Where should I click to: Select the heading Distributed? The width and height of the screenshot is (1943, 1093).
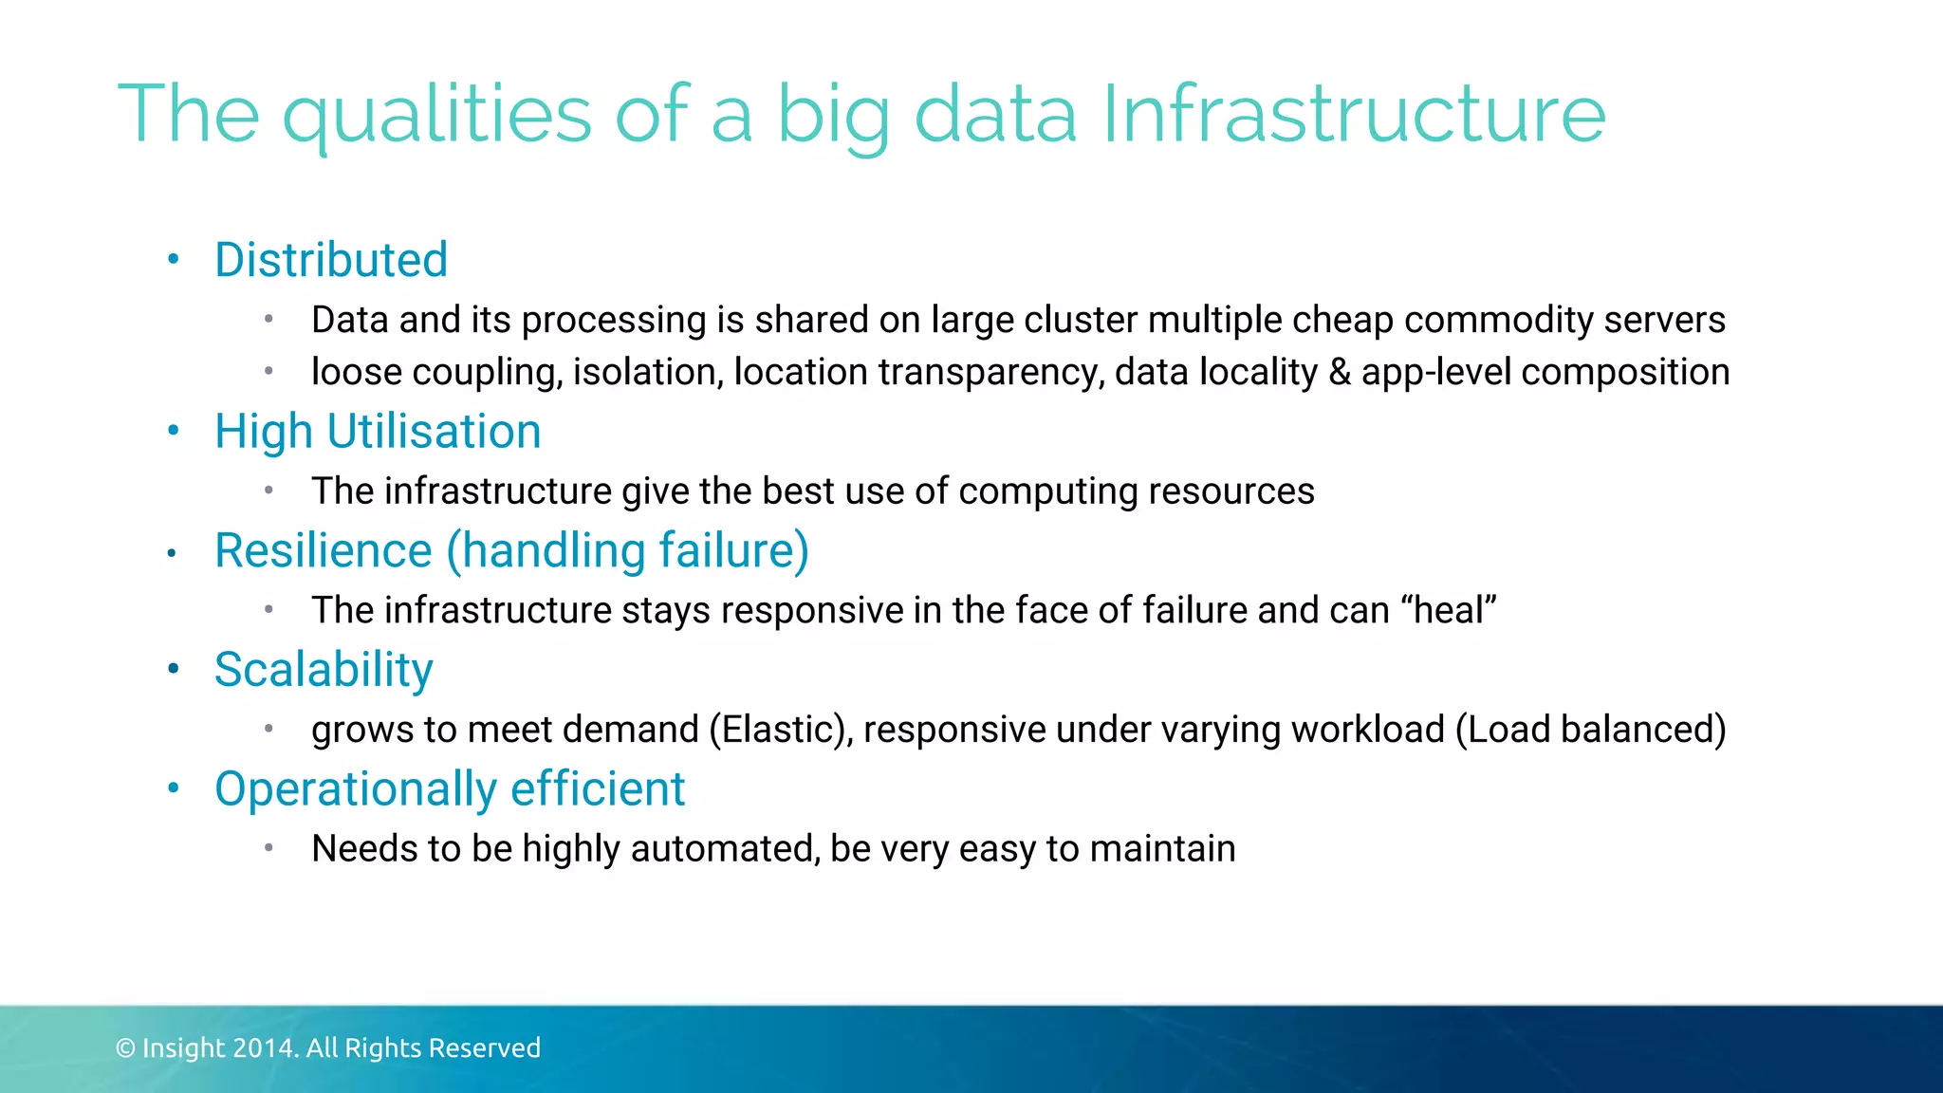[x=331, y=260]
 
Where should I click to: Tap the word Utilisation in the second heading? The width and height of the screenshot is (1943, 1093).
[x=434, y=432]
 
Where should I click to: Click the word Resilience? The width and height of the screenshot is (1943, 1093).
[x=324, y=551]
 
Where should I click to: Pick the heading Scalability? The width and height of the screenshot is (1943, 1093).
[x=324, y=671]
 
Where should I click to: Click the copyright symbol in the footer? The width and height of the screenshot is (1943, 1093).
[x=125, y=1048]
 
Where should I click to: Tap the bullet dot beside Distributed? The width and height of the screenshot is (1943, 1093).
[x=173, y=260]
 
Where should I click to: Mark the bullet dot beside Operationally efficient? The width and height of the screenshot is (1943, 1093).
[x=173, y=788]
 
